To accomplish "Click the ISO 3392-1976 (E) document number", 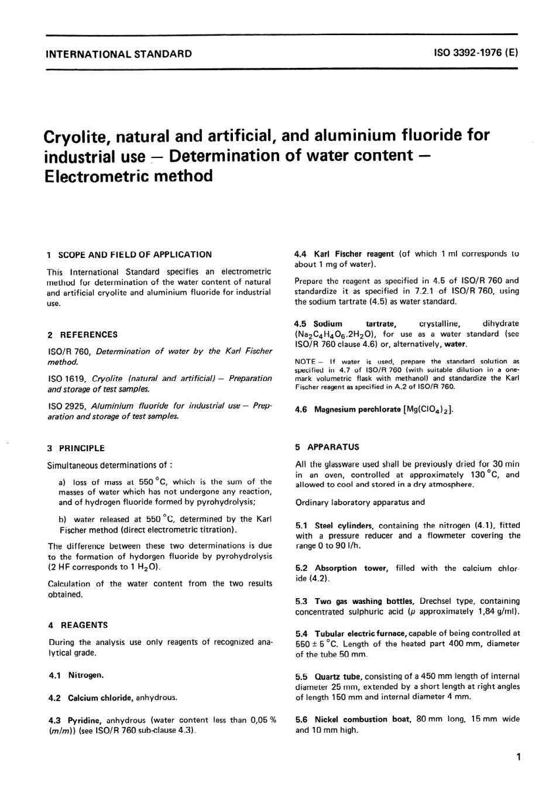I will (x=475, y=53).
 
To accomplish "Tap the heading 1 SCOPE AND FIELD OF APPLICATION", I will (x=129, y=255).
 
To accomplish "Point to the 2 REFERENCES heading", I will (x=83, y=335).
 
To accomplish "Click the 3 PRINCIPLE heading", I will (x=76, y=448).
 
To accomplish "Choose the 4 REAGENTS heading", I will (x=78, y=625).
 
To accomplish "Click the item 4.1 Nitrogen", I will (x=77, y=675).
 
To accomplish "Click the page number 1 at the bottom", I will (x=517, y=758).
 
